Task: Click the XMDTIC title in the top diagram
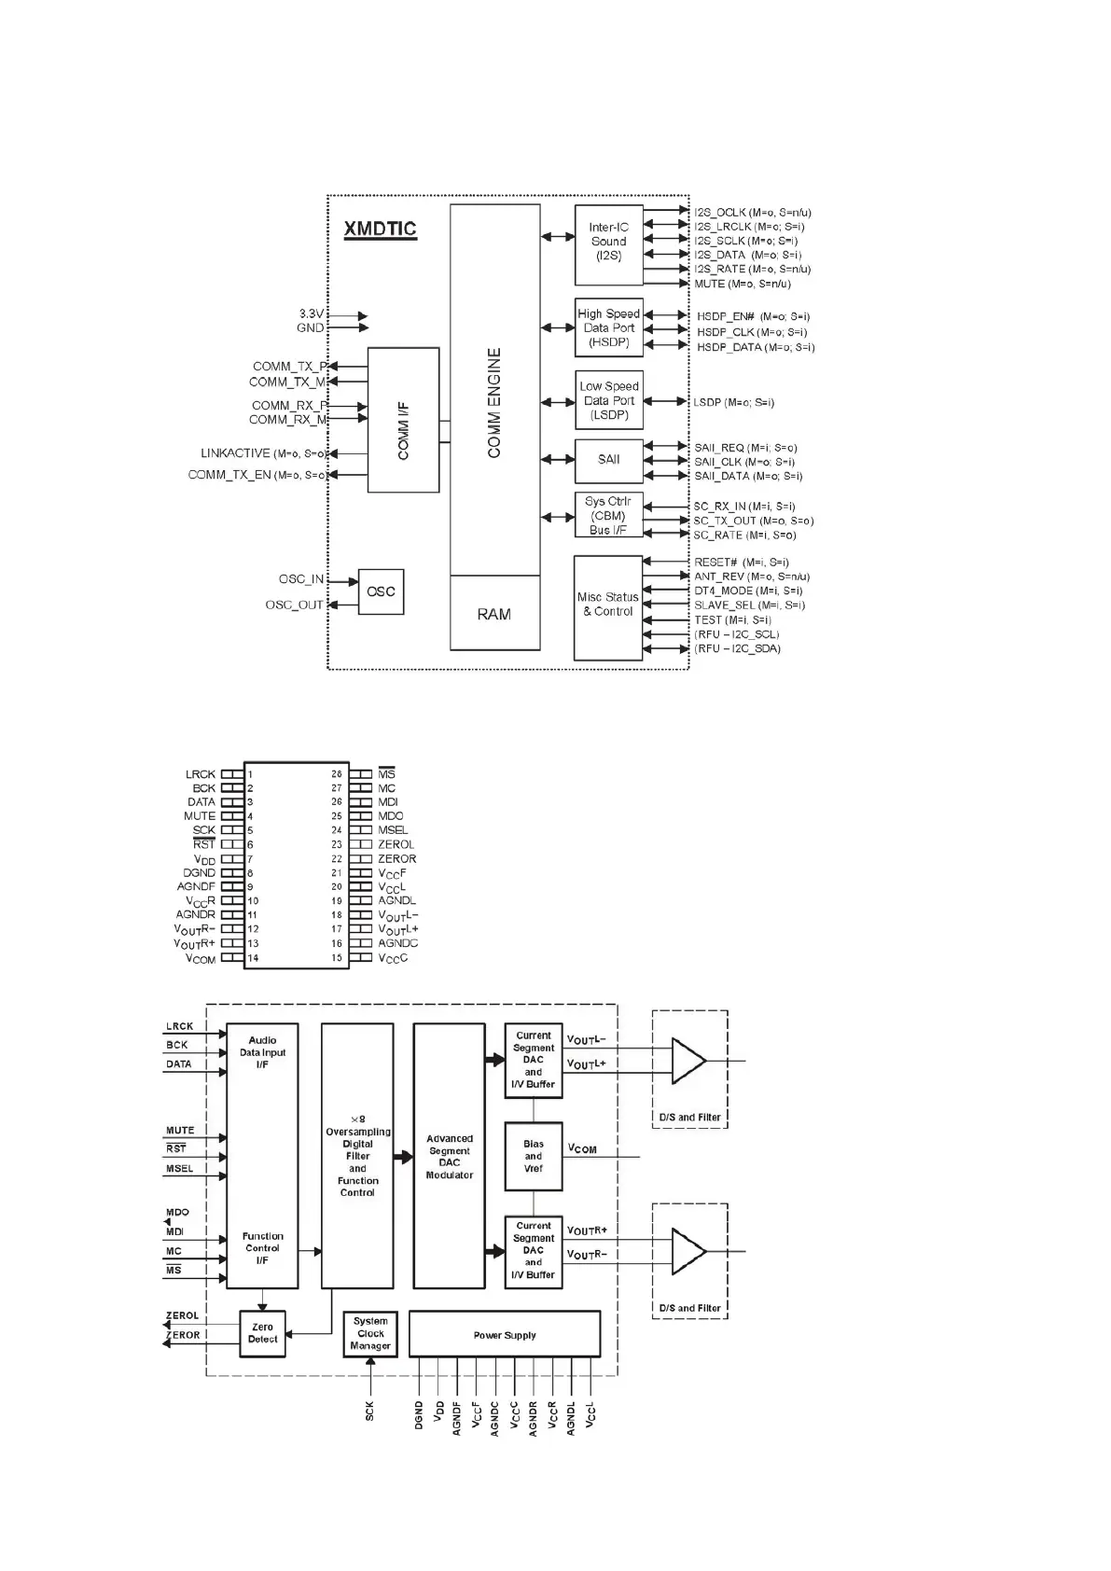tap(380, 229)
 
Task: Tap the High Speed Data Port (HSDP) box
tap(608, 328)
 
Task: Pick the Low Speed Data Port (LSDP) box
tap(608, 401)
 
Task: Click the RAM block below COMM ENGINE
tap(494, 614)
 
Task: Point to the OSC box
tap(381, 591)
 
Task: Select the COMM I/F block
tap(403, 420)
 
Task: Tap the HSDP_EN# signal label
tap(725, 317)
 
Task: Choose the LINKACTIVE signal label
tap(235, 453)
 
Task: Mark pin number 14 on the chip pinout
tap(253, 958)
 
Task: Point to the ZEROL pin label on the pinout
tap(396, 844)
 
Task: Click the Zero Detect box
tap(262, 1333)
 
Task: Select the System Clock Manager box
tap(370, 1334)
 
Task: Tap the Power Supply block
tap(505, 1335)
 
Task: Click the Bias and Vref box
tap(534, 1157)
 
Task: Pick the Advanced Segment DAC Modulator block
tap(450, 1157)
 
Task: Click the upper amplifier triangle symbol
tap(687, 1061)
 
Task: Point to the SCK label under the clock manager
tap(370, 1411)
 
